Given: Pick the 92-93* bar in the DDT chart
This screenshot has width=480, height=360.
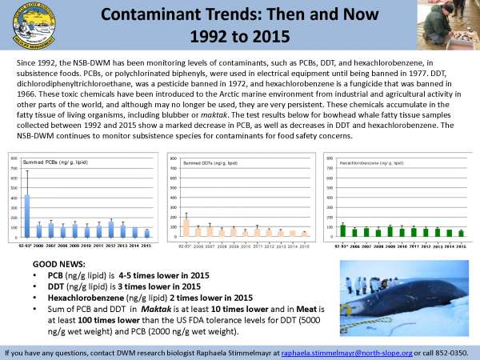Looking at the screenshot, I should (186, 226).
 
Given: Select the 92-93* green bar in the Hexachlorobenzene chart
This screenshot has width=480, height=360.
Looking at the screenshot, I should (342, 230).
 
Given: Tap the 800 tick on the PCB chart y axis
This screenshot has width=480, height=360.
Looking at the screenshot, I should (14, 158).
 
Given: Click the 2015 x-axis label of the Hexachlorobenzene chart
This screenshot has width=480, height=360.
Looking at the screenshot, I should (460, 245).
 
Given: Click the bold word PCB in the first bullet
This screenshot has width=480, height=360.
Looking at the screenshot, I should (56, 274).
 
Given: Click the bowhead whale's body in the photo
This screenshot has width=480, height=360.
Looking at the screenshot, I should (384, 308).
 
